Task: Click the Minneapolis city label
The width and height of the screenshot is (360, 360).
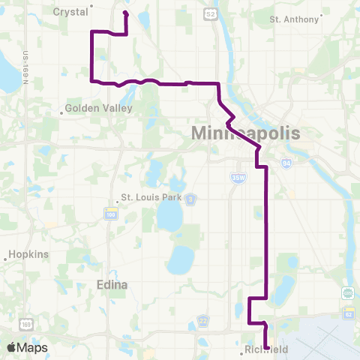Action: [246, 133]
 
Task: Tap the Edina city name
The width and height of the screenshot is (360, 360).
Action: [112, 285]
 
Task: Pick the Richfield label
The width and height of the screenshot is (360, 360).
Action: [266, 350]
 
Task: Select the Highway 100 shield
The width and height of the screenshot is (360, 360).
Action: [110, 214]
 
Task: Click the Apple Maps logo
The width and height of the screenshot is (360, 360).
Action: [28, 347]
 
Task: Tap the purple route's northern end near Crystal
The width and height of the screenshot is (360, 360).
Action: [125, 13]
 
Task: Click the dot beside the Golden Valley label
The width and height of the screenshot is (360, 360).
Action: [61, 113]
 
